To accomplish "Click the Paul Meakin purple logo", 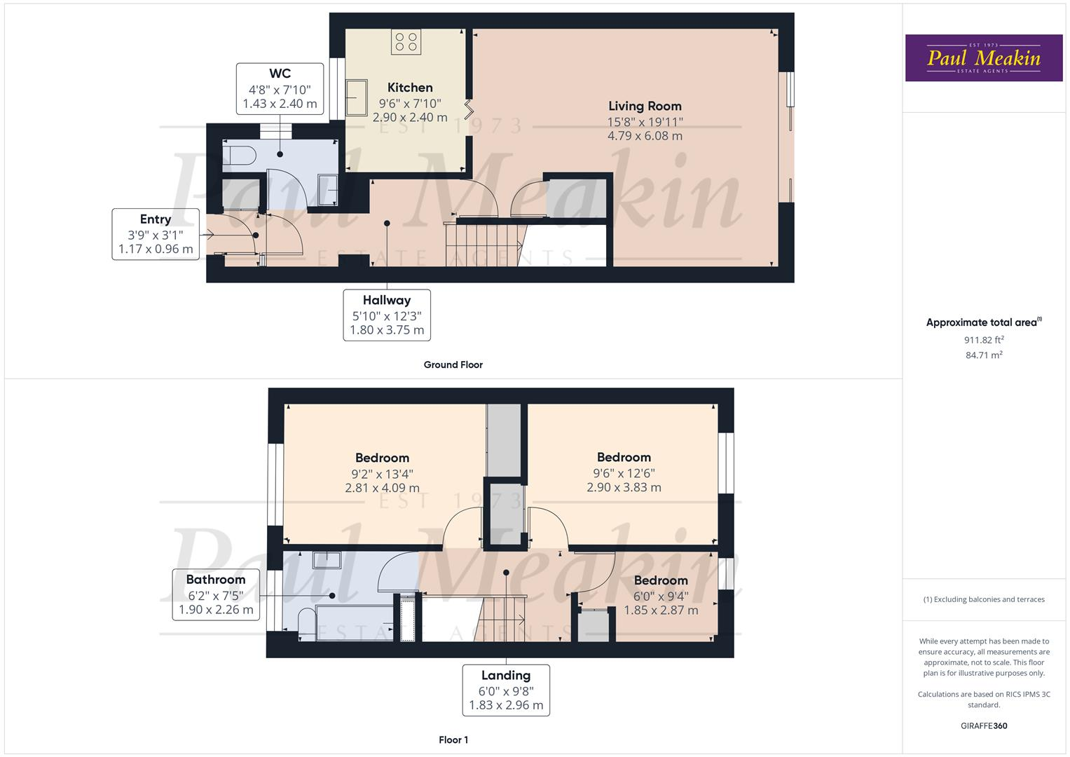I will (x=983, y=58).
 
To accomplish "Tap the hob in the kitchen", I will (x=406, y=42).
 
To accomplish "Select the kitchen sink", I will (x=356, y=98).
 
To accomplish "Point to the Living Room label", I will (x=645, y=106).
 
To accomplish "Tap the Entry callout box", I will (x=156, y=234).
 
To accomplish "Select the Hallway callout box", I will (x=387, y=315).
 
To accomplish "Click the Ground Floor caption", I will (x=453, y=364).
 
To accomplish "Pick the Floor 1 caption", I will (x=453, y=739).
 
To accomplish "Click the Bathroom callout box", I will (x=216, y=594).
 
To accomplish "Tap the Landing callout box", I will (x=505, y=690).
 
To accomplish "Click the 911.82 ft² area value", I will (x=984, y=340).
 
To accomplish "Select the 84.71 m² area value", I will (x=984, y=355).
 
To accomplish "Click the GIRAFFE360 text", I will (x=984, y=725).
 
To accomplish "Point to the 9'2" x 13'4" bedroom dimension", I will (x=382, y=473).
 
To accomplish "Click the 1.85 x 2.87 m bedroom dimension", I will (x=661, y=610).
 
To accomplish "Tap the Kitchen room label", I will (x=410, y=88).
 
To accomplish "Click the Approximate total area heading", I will (x=983, y=322).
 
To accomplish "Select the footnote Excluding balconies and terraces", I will (x=984, y=599).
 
